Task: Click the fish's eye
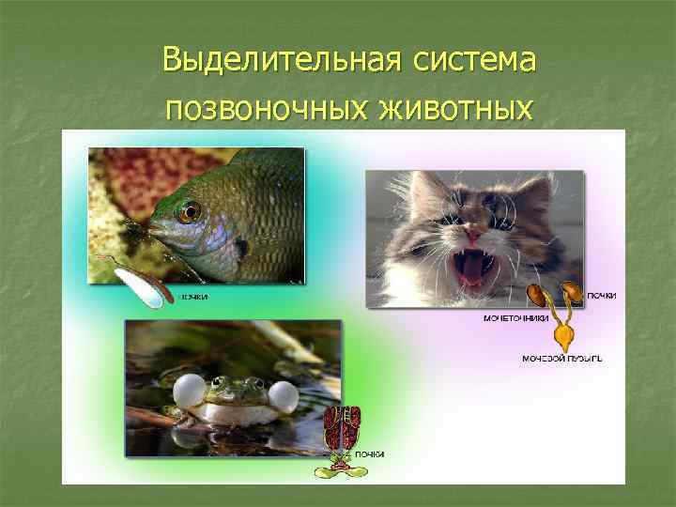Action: click(x=191, y=210)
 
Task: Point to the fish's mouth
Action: click(x=151, y=229)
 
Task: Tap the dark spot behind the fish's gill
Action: click(x=243, y=249)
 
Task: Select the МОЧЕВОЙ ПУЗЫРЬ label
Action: click(x=556, y=358)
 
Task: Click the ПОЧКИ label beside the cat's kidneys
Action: click(x=602, y=296)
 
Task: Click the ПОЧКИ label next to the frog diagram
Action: click(x=369, y=454)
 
